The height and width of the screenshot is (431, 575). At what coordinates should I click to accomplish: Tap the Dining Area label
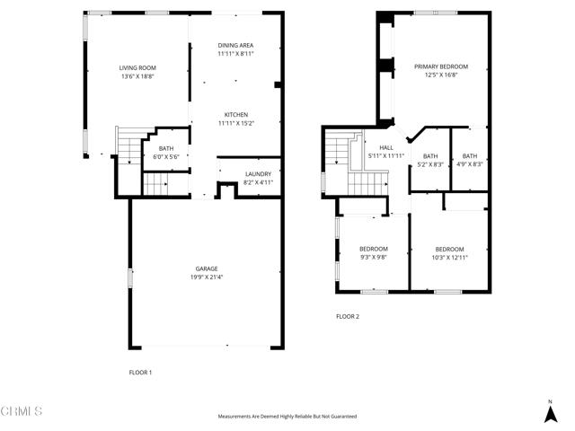[236, 45]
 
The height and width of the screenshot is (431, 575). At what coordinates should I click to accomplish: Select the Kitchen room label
[236, 114]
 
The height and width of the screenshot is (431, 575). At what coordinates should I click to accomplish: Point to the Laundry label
[258, 173]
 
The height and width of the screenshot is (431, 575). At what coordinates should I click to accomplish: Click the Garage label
[208, 268]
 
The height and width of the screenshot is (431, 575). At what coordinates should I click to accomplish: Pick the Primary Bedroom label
[441, 66]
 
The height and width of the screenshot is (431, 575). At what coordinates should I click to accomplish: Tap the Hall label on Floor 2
[386, 147]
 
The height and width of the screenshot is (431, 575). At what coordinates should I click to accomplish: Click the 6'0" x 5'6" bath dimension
[167, 157]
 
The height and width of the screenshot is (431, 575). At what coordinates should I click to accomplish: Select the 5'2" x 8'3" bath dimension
[429, 164]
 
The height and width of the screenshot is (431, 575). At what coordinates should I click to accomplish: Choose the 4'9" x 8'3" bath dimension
[470, 164]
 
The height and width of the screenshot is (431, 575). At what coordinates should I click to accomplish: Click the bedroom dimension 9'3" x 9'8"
[374, 257]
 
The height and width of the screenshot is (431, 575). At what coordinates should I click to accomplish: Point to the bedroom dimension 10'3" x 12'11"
[449, 257]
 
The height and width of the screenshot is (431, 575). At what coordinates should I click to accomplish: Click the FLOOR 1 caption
[141, 372]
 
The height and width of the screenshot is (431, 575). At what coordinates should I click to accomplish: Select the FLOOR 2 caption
[348, 316]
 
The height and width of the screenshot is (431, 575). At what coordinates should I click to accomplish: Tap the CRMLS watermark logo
[22, 411]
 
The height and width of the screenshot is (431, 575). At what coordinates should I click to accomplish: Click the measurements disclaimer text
[287, 417]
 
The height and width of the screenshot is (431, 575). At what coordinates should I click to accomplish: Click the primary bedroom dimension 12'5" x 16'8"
[441, 75]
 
